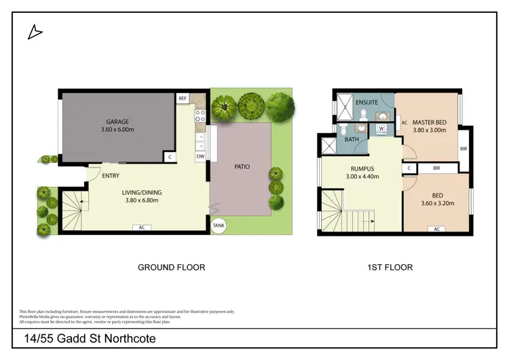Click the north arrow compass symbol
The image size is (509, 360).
pos(35,31)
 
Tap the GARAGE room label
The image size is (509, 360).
pos(117,122)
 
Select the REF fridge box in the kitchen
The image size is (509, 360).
pos(182,98)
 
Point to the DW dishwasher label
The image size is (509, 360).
pos(200,156)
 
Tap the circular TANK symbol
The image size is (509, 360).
pos(219,226)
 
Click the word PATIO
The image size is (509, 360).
pos(242,166)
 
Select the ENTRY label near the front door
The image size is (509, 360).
pos(111,176)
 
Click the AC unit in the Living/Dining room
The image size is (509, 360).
pos(142,228)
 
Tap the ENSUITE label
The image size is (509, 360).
pos(366,103)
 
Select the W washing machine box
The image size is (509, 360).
pos(381,128)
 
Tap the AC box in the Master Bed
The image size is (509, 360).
pos(404,123)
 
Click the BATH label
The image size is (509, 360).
pos(352,139)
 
